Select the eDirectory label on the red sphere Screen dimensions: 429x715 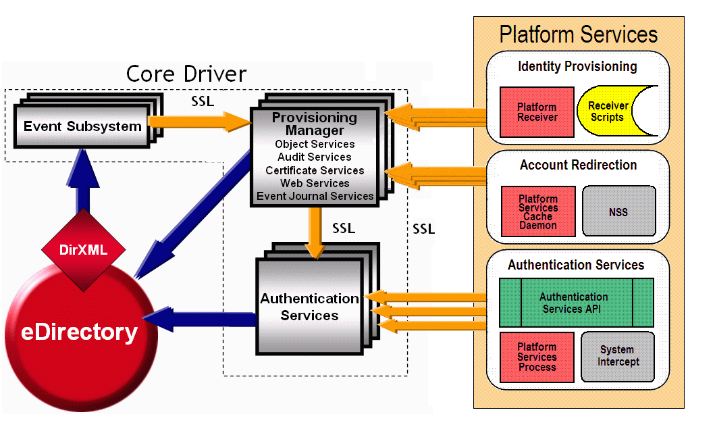[80, 332]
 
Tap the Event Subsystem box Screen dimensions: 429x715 [82, 126]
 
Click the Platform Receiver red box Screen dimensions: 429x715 [537, 112]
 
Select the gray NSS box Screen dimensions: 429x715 [618, 211]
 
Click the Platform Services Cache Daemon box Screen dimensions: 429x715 [538, 211]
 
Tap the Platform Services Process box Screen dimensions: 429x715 [537, 357]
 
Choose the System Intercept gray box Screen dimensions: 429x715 [617, 355]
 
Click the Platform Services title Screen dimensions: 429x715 [578, 34]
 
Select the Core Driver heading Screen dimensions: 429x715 [186, 74]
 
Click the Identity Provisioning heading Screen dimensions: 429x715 [577, 66]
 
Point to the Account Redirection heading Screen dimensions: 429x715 [578, 165]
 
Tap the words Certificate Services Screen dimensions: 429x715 [315, 170]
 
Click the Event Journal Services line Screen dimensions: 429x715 [315, 196]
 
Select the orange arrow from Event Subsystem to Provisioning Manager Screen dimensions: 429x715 [199, 122]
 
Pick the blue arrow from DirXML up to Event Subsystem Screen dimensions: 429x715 [83, 186]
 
